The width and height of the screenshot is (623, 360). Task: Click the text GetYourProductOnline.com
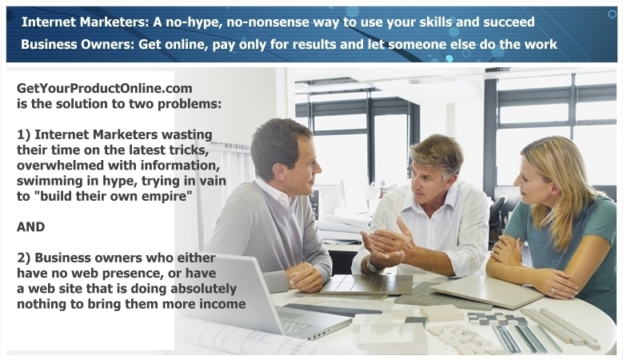pos(105,89)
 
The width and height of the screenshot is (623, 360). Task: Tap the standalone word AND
pos(31,226)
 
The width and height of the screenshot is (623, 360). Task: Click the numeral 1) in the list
pos(24,134)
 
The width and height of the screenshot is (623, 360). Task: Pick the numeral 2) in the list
pos(24,258)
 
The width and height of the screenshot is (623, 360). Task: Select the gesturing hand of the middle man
pos(384,244)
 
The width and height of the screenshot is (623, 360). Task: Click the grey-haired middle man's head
pos(436,164)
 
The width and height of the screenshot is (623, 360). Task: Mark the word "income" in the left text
pos(219,303)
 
